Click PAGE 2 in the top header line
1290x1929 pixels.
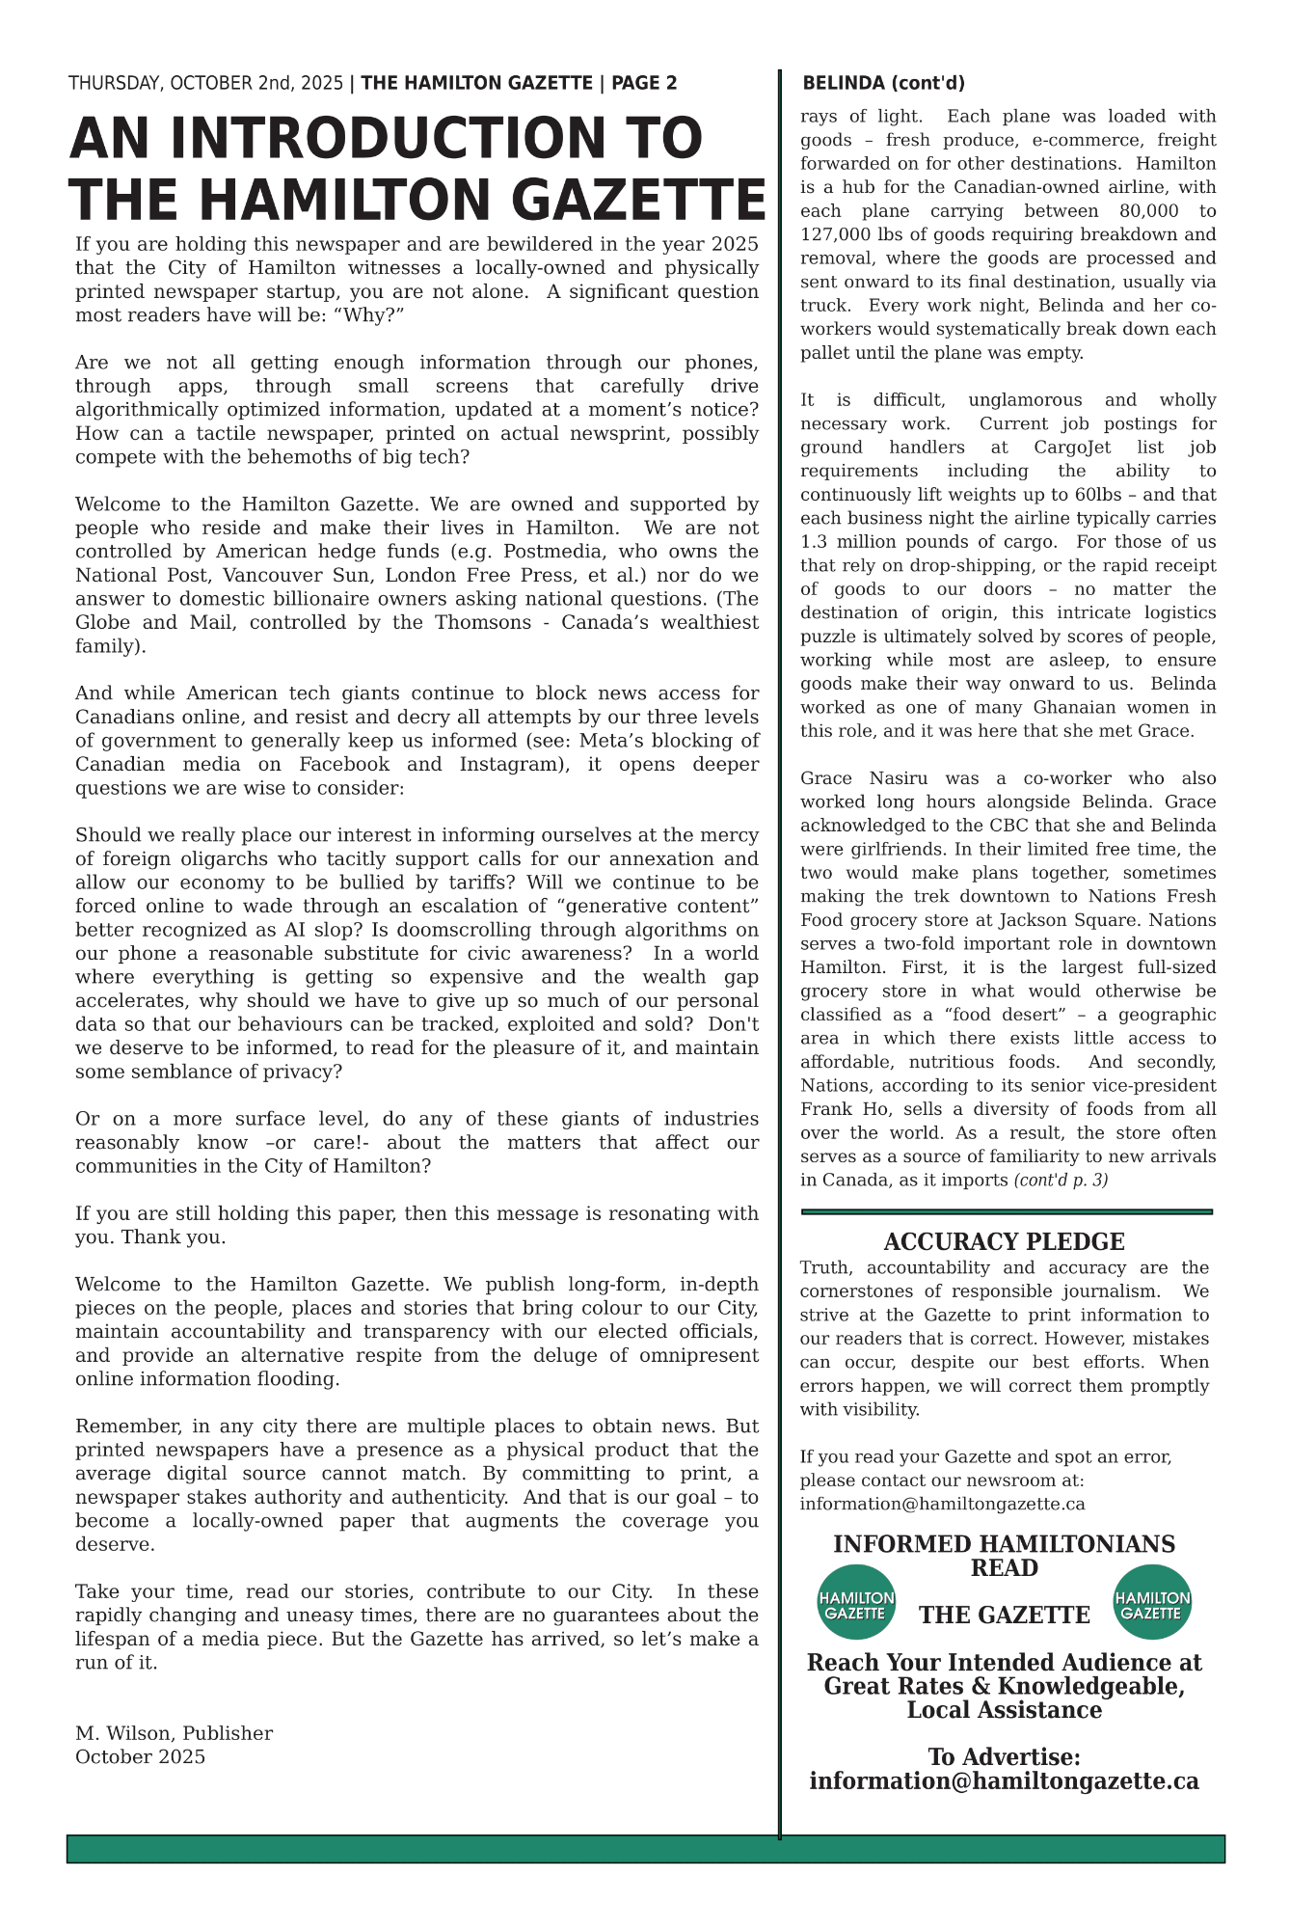click(x=644, y=84)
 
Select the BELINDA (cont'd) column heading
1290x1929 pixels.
click(x=883, y=84)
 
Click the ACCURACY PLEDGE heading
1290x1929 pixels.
click(x=1004, y=1242)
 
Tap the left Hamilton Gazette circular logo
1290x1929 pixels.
click(x=856, y=1602)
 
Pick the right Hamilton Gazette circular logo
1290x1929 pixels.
click(x=1152, y=1602)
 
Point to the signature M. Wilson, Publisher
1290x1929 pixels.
click(x=174, y=1733)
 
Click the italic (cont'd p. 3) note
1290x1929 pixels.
click(x=1061, y=1181)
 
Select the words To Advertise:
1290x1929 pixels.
click(x=1004, y=1757)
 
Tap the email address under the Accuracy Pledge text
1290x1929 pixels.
click(x=942, y=1504)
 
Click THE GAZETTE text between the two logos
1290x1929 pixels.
click(x=1004, y=1616)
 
